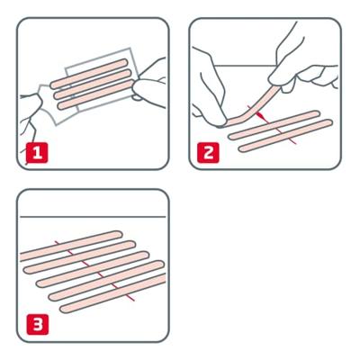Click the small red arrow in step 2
point(260,115)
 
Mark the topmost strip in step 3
point(81,243)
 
